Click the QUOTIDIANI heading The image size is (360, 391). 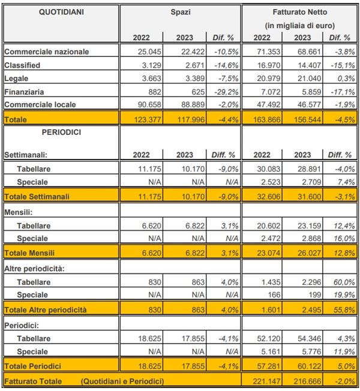61,12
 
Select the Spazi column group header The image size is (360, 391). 181,12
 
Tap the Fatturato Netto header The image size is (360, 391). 299,12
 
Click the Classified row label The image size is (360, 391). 22,65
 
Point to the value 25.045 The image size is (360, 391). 149,52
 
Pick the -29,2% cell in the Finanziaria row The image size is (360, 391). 226,92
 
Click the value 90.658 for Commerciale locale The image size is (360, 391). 149,104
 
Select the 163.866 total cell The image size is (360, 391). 266,120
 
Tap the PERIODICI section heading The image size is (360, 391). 61,132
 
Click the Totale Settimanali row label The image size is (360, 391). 37,197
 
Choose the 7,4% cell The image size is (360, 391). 346,182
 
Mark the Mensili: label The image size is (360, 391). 19,212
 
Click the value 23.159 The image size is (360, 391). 309,226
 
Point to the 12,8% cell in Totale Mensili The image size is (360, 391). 344,253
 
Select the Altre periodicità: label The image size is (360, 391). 34,269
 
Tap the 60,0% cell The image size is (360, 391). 344,282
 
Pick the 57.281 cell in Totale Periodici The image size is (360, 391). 269,366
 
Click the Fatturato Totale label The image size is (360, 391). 33,381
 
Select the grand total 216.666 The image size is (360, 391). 307,381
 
